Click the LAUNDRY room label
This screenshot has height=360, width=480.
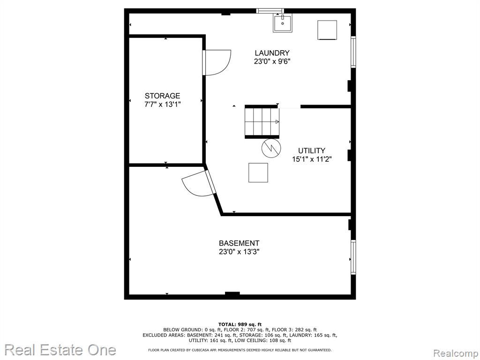(272, 53)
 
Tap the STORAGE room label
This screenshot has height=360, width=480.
(162, 96)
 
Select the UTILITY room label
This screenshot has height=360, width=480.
(312, 150)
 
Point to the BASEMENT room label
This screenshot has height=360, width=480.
(239, 243)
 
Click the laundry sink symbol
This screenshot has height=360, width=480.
(283, 22)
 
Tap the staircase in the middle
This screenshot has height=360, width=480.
(262, 122)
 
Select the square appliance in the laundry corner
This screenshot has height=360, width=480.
(327, 30)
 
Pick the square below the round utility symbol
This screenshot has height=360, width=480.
(258, 172)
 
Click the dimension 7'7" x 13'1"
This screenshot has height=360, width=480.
(163, 105)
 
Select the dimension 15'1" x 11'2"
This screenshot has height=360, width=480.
(312, 159)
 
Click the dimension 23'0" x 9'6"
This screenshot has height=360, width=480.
(272, 61)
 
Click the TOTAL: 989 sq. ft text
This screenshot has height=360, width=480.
(240, 324)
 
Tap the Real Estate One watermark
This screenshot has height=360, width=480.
(60, 350)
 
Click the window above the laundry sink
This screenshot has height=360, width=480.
(270, 11)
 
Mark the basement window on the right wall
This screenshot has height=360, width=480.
(353, 257)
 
